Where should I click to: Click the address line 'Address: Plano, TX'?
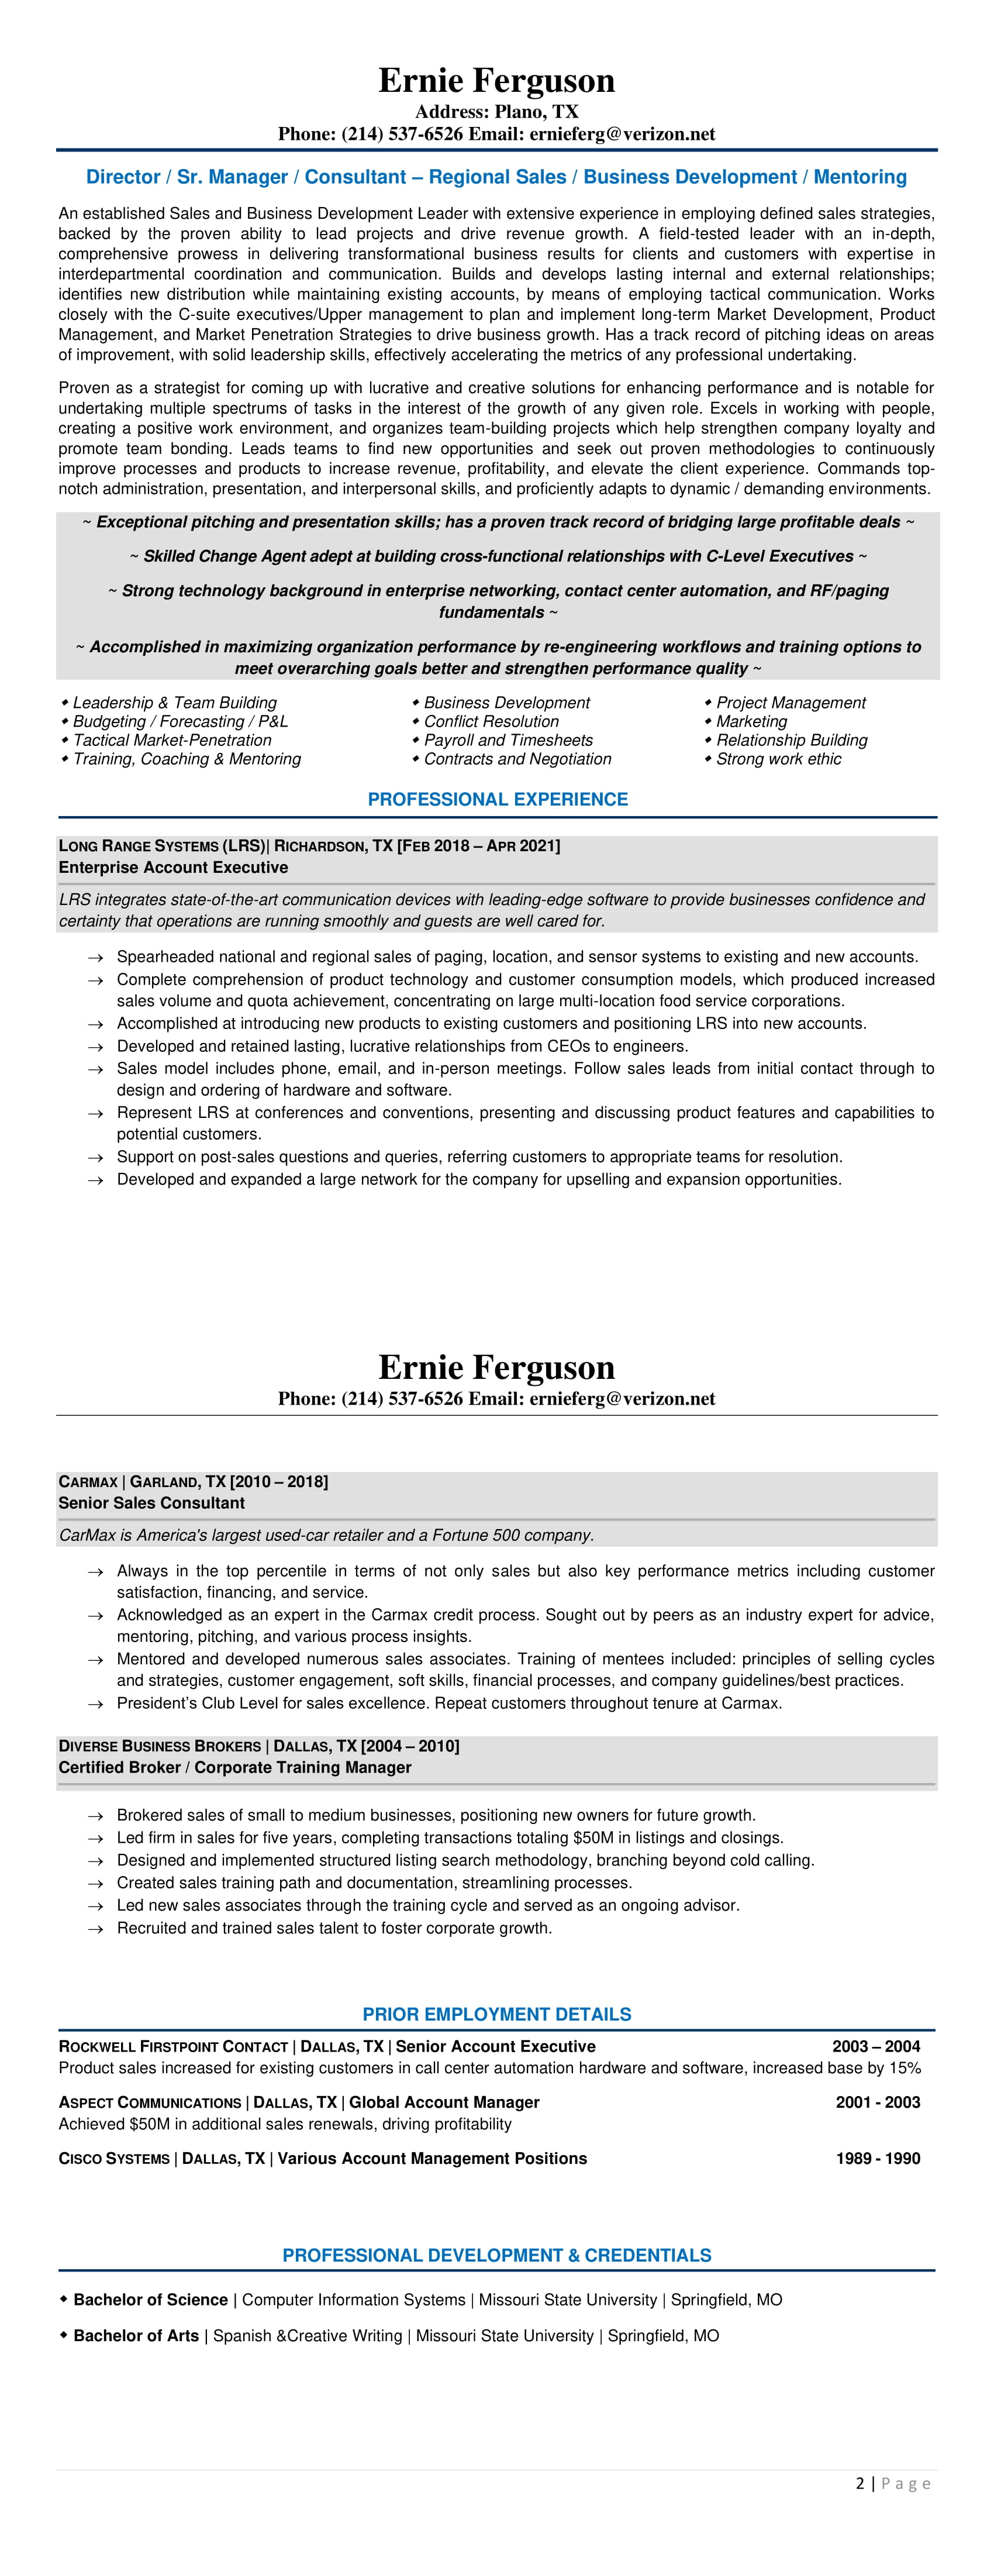point(496,112)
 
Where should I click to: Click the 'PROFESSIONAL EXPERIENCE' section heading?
point(498,799)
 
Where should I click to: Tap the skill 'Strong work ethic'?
point(778,759)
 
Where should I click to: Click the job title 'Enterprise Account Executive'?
point(173,868)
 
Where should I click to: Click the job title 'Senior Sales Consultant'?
point(151,1503)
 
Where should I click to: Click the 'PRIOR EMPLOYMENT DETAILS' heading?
point(496,2014)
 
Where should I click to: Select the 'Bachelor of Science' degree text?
point(151,2299)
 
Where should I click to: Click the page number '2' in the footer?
point(860,2484)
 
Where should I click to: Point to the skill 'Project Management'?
point(790,703)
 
